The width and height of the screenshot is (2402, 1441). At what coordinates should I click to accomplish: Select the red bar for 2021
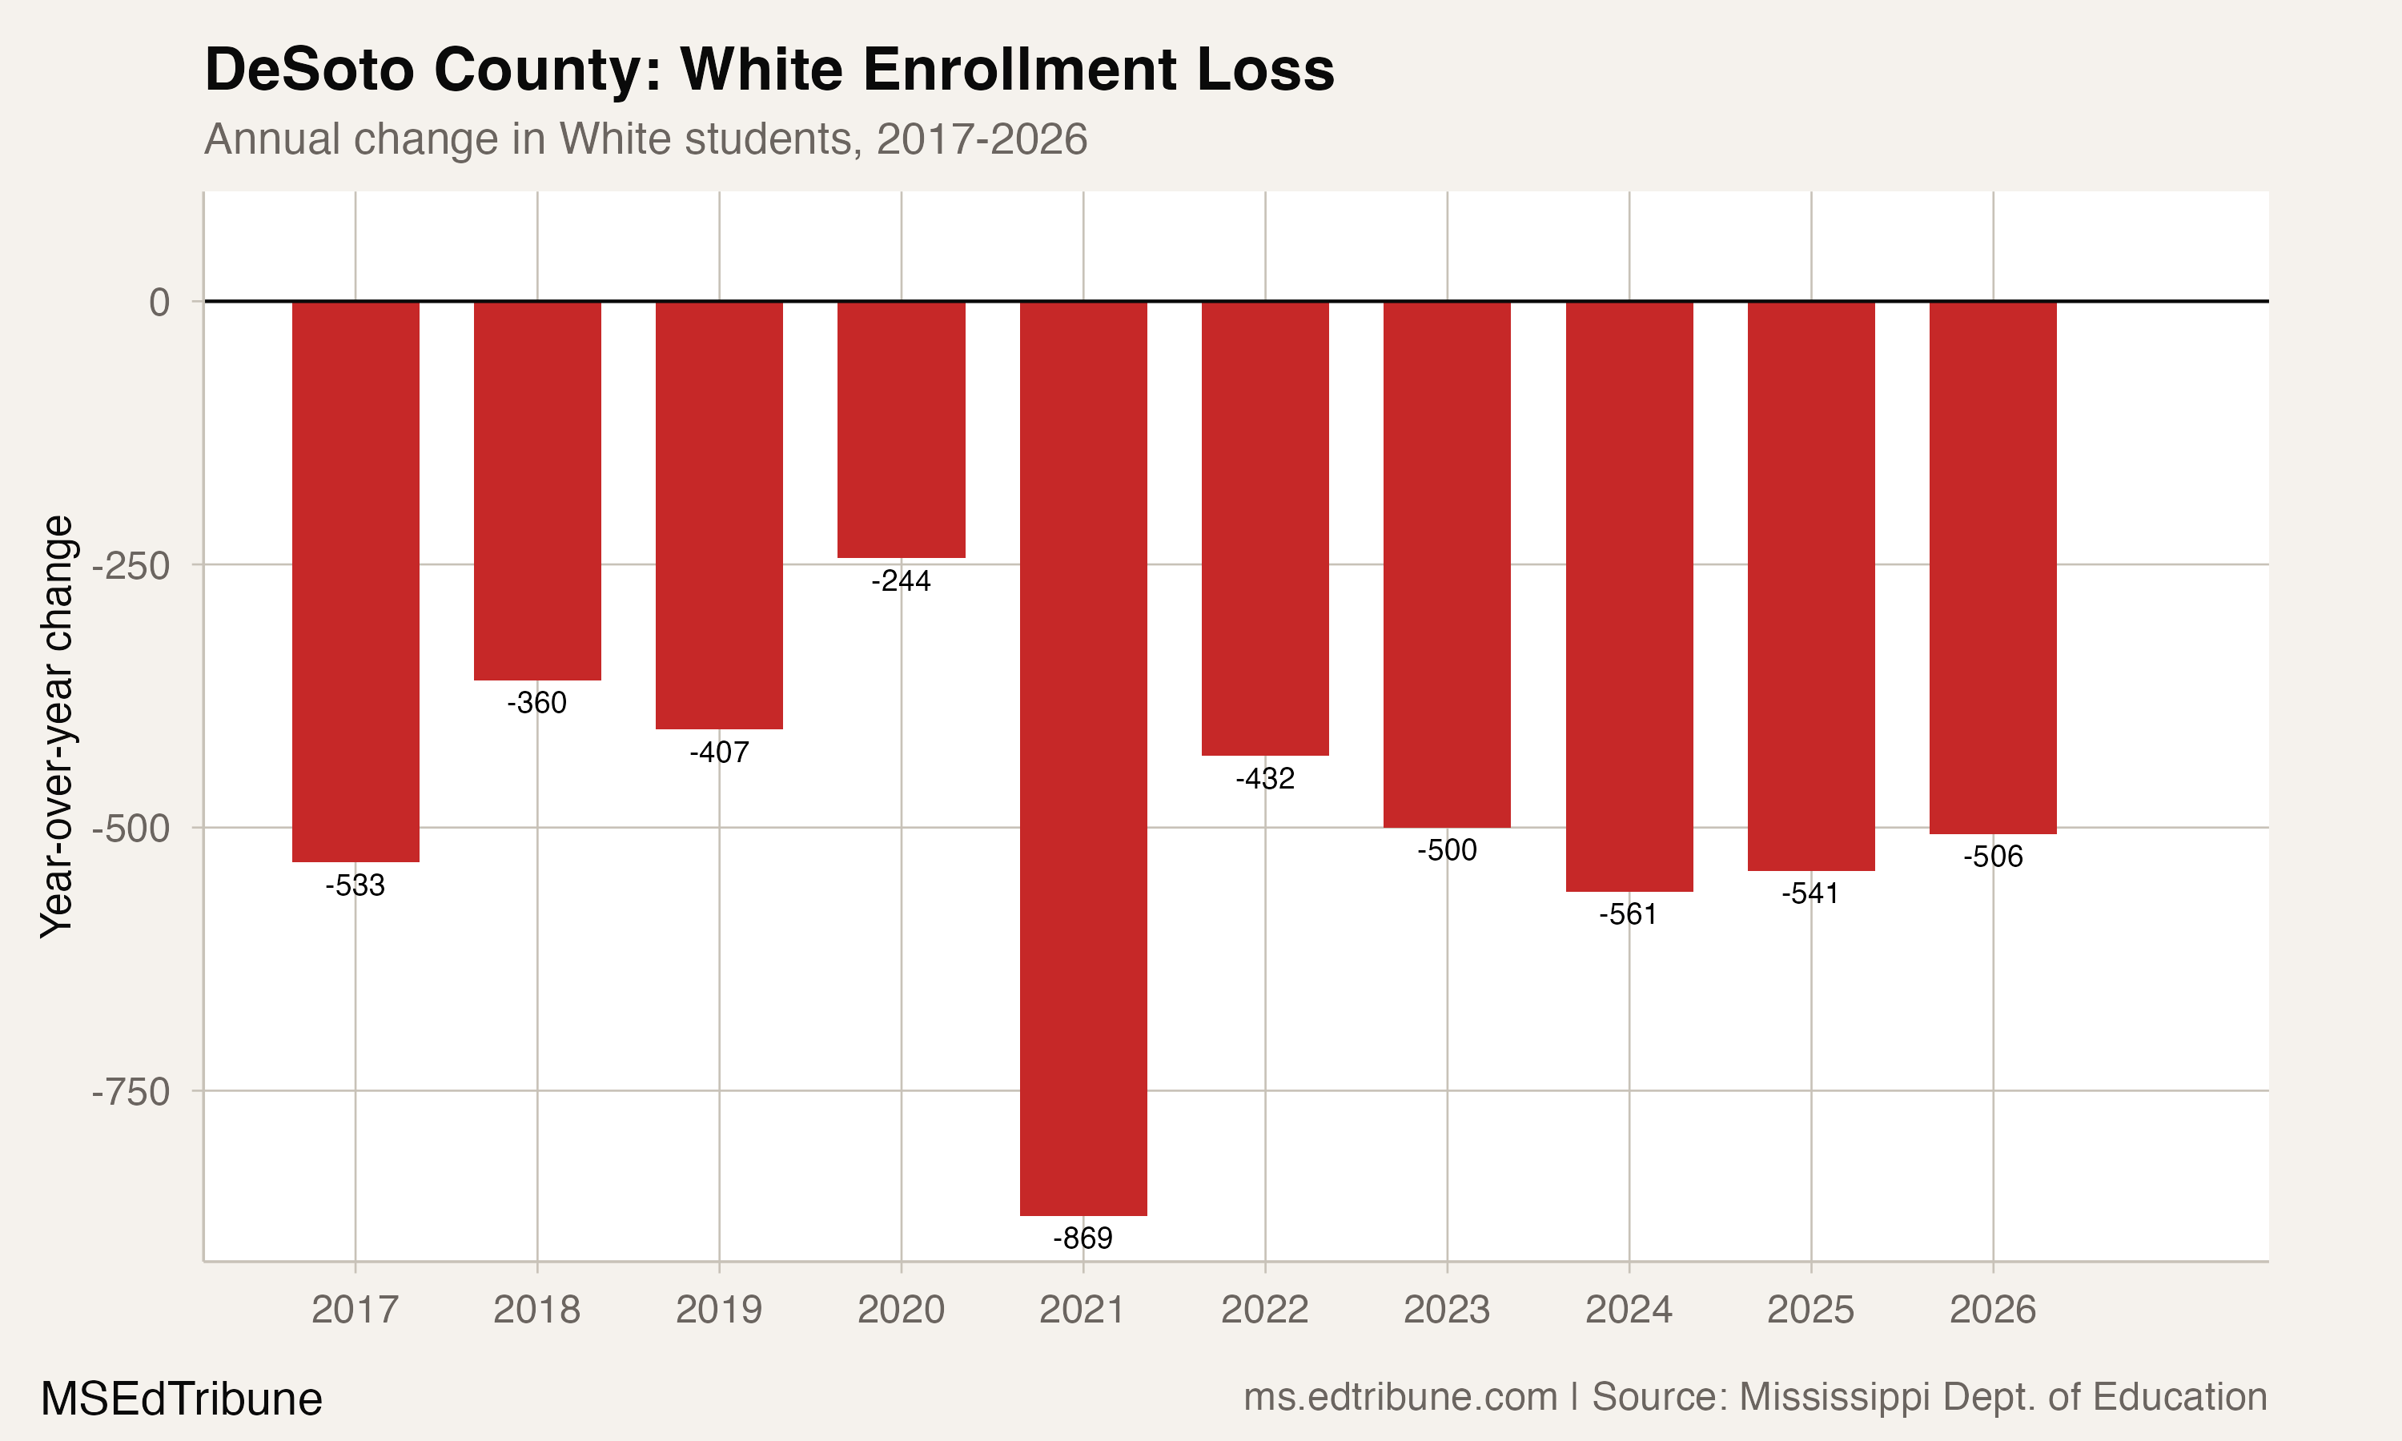point(1083,757)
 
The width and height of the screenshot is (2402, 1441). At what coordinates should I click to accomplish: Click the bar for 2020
point(901,429)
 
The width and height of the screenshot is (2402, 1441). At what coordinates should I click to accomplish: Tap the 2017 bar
point(355,580)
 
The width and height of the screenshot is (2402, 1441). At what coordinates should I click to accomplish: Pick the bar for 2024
point(1629,596)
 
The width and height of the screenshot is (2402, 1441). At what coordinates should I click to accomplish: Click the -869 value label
point(1083,1238)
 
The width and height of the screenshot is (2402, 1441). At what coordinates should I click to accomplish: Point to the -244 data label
point(901,580)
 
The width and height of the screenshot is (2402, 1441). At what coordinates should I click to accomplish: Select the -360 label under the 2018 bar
point(537,702)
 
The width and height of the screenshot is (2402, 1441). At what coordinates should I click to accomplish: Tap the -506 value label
point(1992,857)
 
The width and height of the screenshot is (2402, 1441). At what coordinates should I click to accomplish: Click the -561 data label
point(1629,913)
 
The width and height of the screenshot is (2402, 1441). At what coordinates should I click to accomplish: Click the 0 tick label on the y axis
point(159,302)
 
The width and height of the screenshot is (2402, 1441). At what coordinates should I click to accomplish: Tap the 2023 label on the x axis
point(1447,1310)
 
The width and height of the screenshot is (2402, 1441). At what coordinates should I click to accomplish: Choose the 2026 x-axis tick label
point(1992,1310)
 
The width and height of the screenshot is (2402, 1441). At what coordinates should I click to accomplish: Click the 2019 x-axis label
point(718,1310)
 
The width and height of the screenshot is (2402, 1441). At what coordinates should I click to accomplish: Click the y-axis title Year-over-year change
point(56,726)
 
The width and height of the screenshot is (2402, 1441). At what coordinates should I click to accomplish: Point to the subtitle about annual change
point(645,138)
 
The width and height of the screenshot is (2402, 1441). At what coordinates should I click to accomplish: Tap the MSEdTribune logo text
point(182,1399)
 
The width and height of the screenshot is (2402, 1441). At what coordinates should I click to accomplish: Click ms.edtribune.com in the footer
point(1400,1397)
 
